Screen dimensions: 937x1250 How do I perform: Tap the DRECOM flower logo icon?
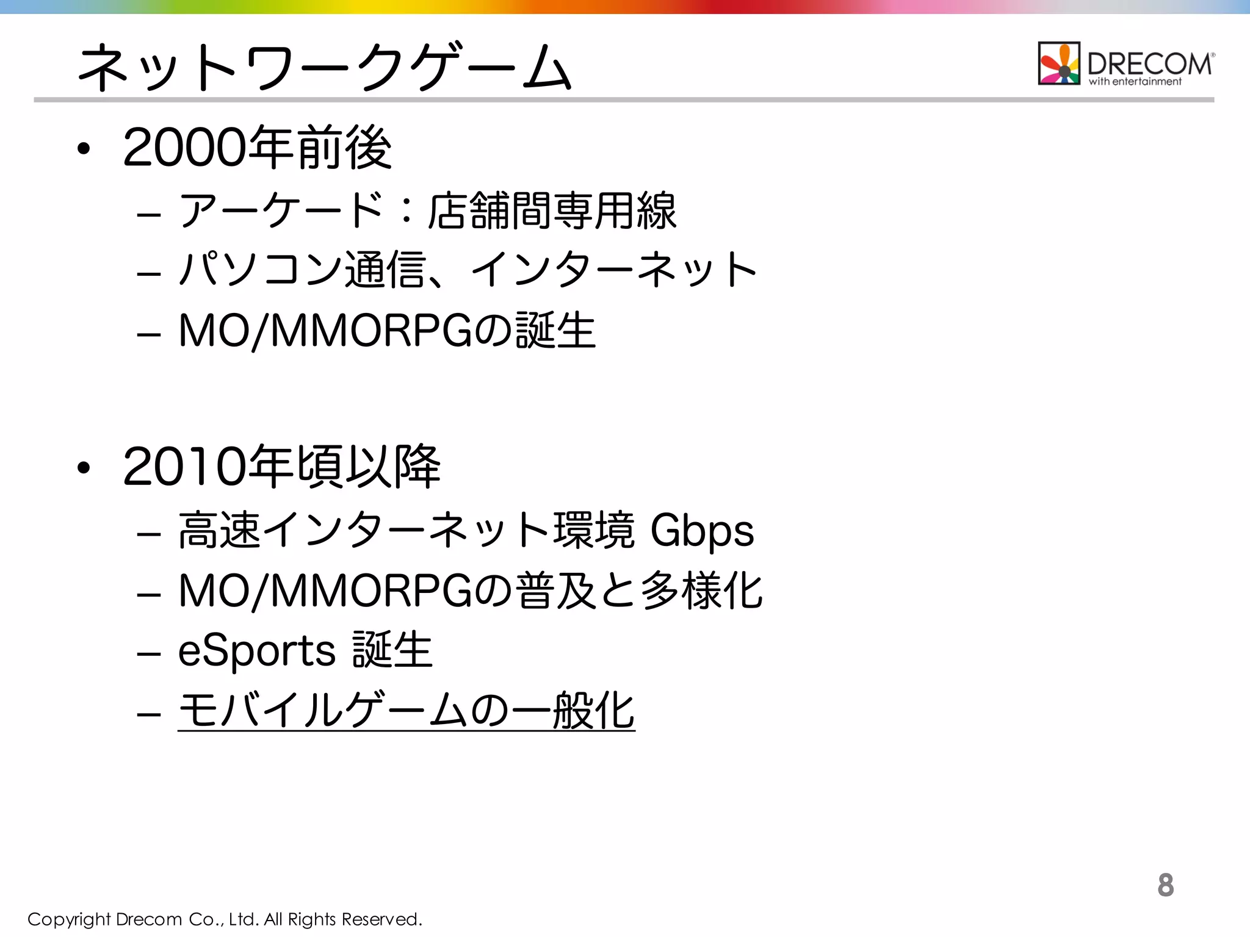coord(1059,63)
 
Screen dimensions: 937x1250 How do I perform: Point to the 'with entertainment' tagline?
coord(1135,82)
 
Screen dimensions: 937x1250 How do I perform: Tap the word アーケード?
coord(281,211)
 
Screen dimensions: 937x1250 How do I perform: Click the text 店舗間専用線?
coord(552,211)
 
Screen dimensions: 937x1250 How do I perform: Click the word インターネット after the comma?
coord(613,270)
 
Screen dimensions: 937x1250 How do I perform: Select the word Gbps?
coord(702,531)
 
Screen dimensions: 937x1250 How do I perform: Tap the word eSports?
coord(256,650)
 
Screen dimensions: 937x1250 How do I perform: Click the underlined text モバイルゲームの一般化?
coord(406,711)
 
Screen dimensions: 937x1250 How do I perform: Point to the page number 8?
coord(1165,885)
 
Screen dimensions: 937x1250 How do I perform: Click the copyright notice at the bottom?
coord(225,919)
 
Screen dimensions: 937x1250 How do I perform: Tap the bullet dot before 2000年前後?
coord(84,149)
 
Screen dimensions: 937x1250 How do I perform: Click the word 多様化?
coord(702,591)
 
